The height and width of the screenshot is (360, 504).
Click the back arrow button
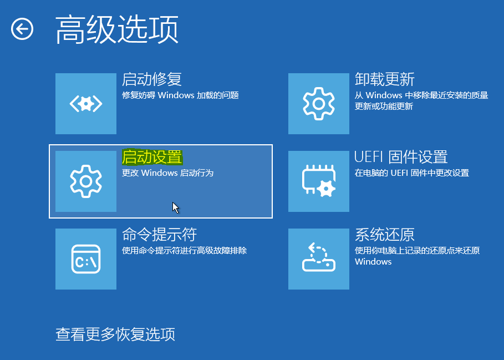[x=22, y=29]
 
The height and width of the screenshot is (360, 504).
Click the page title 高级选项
[x=117, y=29]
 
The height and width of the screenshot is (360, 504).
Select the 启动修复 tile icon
[x=86, y=104]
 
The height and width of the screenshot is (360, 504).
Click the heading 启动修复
[x=152, y=79]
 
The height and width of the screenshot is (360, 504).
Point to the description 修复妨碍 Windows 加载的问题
[x=180, y=95]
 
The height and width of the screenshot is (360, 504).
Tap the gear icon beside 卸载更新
[x=319, y=104]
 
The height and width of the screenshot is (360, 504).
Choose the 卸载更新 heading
[x=385, y=79]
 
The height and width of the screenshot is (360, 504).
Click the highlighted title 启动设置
[x=152, y=157]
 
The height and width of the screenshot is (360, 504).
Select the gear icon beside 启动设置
[x=86, y=181]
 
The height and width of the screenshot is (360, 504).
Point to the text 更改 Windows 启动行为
[x=168, y=173]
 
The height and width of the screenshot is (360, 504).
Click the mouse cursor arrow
[x=176, y=207]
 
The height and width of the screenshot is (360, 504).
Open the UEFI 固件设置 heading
[x=401, y=157]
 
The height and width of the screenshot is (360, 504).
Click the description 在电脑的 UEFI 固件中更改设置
[x=412, y=173]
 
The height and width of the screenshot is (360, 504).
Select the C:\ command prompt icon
[x=86, y=259]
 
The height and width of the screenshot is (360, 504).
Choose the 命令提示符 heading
[x=160, y=235]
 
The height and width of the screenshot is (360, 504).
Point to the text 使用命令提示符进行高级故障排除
[x=185, y=251]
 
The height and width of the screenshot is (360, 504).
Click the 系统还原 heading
[x=385, y=235]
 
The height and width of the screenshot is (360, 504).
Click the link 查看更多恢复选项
[x=115, y=334]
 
